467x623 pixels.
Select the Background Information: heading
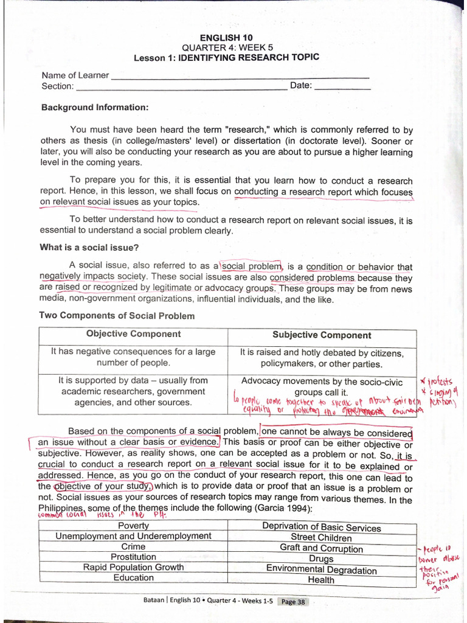(95, 107)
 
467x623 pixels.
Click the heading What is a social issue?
(89, 247)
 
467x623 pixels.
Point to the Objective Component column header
(133, 334)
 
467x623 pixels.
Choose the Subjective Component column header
(322, 335)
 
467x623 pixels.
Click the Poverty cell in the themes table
(133, 526)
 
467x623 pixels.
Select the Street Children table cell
(321, 538)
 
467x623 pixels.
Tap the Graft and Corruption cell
(321, 548)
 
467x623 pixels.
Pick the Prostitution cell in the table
(133, 557)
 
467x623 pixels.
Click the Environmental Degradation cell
(321, 570)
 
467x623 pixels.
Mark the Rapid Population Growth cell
(133, 567)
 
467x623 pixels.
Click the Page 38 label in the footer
(293, 602)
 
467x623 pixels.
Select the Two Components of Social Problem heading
(117, 316)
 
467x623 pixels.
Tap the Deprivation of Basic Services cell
(321, 527)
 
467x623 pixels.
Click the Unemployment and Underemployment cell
(133, 536)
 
